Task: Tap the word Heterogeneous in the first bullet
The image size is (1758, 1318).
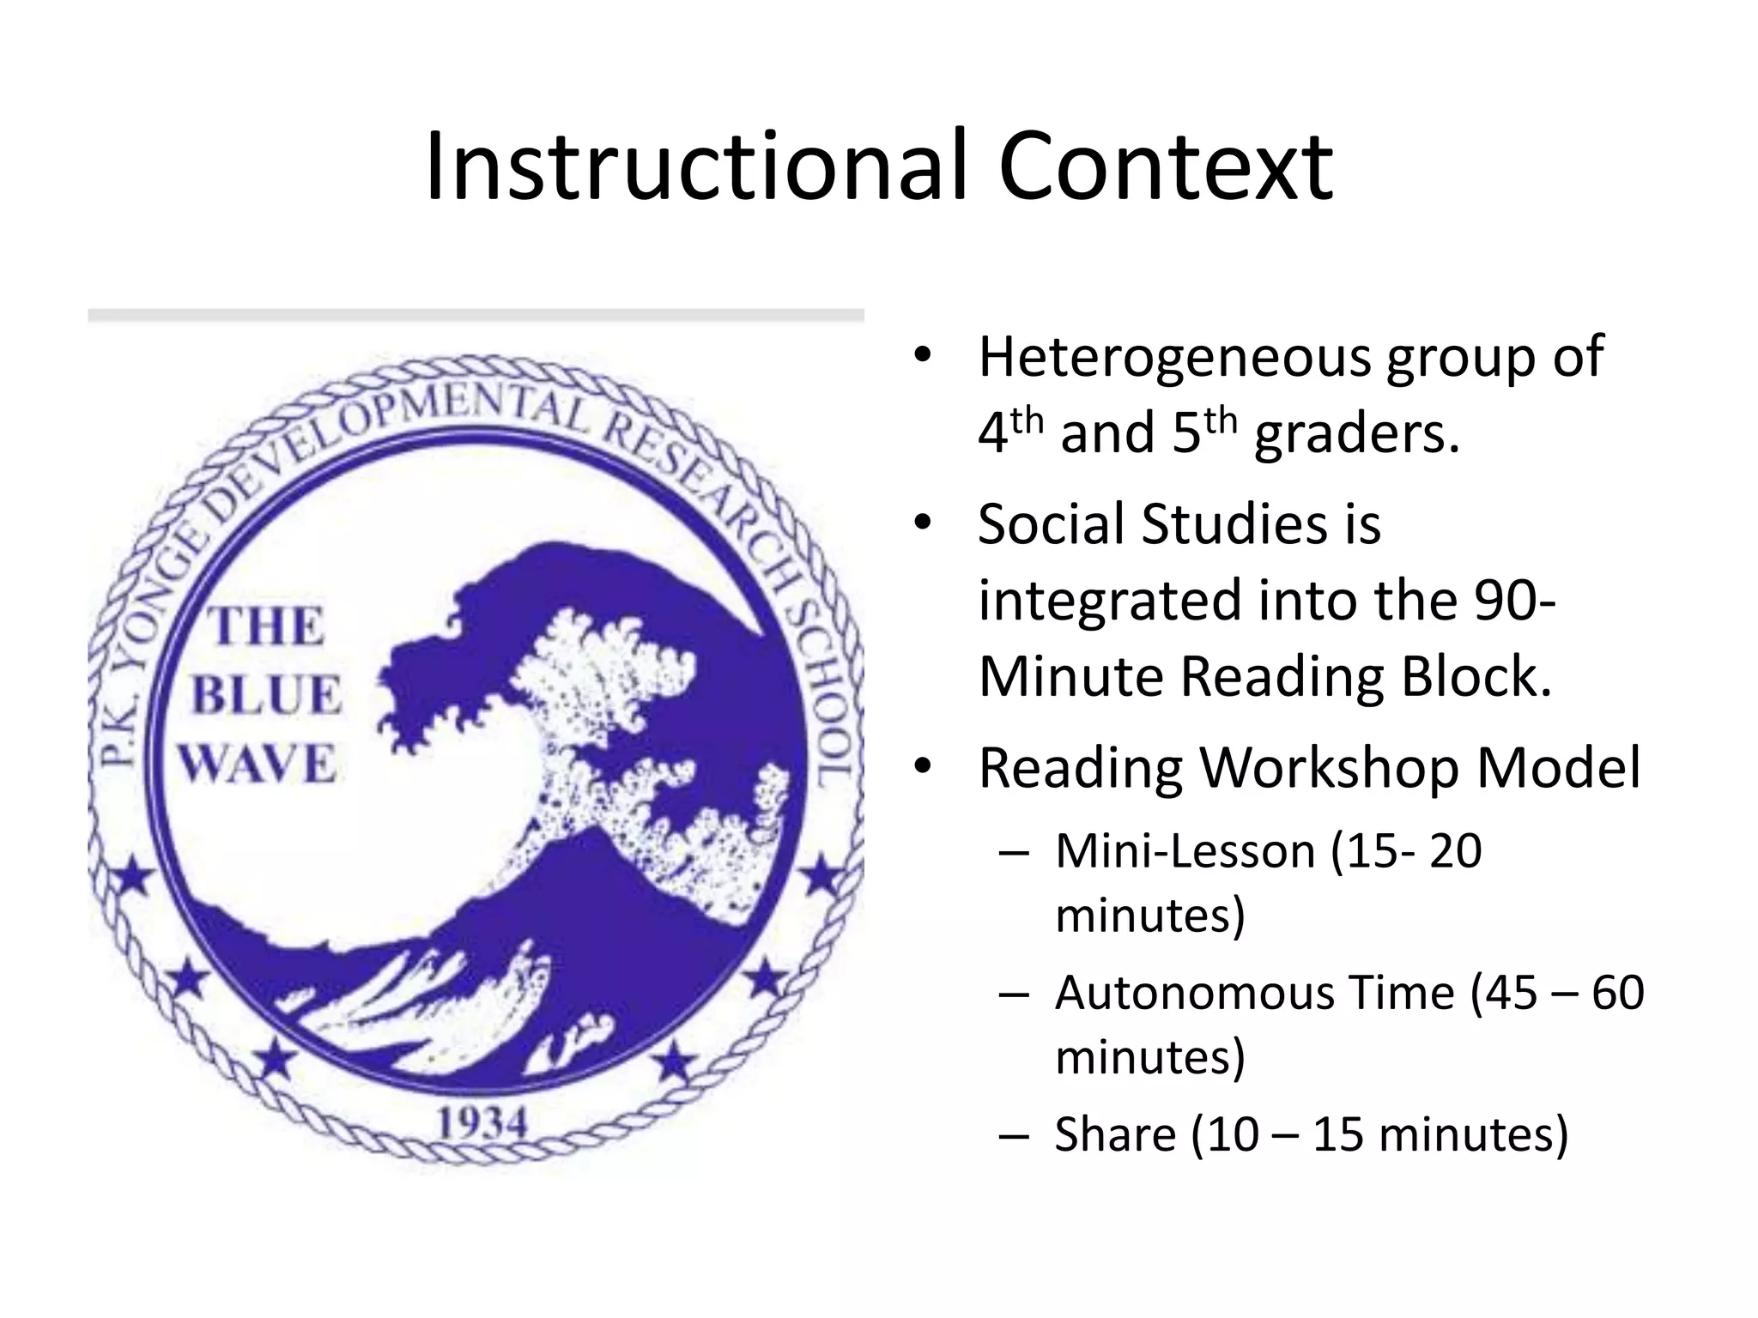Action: tap(1174, 357)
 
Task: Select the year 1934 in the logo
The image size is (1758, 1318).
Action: tap(482, 1123)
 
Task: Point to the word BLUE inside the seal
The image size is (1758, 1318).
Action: tap(266, 695)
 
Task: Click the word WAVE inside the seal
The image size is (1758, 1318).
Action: tap(258, 764)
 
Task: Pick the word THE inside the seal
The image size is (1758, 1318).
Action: tap(268, 626)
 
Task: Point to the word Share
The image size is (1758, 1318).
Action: tap(1115, 1134)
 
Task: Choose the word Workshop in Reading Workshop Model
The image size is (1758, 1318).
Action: tap(1329, 768)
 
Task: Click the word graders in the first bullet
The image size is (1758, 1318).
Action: tap(1356, 434)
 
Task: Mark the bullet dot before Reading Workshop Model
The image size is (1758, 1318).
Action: tap(923, 766)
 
